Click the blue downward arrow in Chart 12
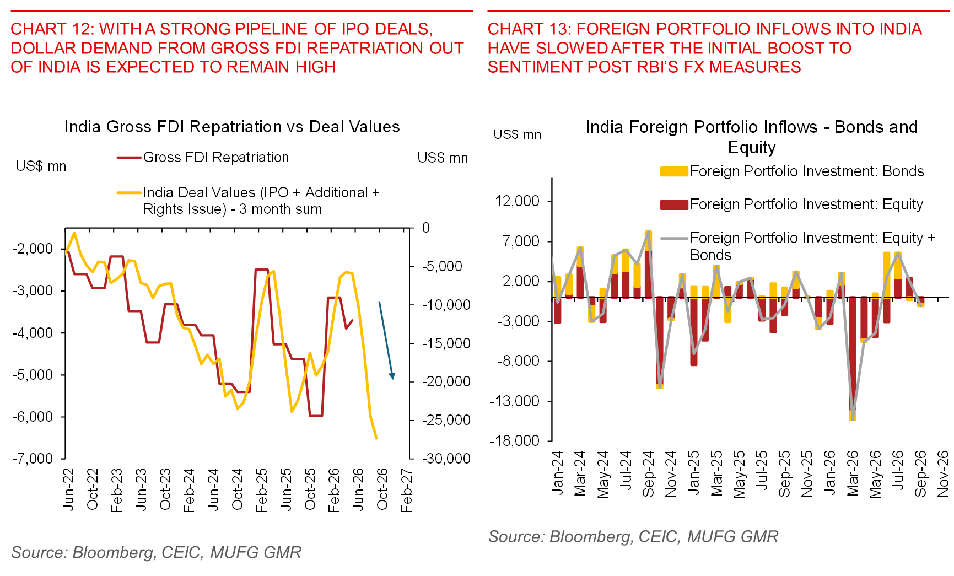[x=386, y=341]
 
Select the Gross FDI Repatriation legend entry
[x=203, y=158]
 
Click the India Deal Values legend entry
[x=248, y=201]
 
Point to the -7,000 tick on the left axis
[x=33, y=459]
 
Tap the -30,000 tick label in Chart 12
[x=446, y=459]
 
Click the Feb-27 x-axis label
[x=406, y=491]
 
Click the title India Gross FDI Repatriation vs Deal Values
[x=232, y=127]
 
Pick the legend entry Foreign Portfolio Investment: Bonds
[x=792, y=171]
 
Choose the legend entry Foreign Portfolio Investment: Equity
[x=791, y=204]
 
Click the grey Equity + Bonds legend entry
[x=798, y=246]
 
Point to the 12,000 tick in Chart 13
[x=518, y=201]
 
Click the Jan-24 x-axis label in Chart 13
[x=557, y=472]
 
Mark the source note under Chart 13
[x=633, y=537]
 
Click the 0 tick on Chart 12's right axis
[x=425, y=228]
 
